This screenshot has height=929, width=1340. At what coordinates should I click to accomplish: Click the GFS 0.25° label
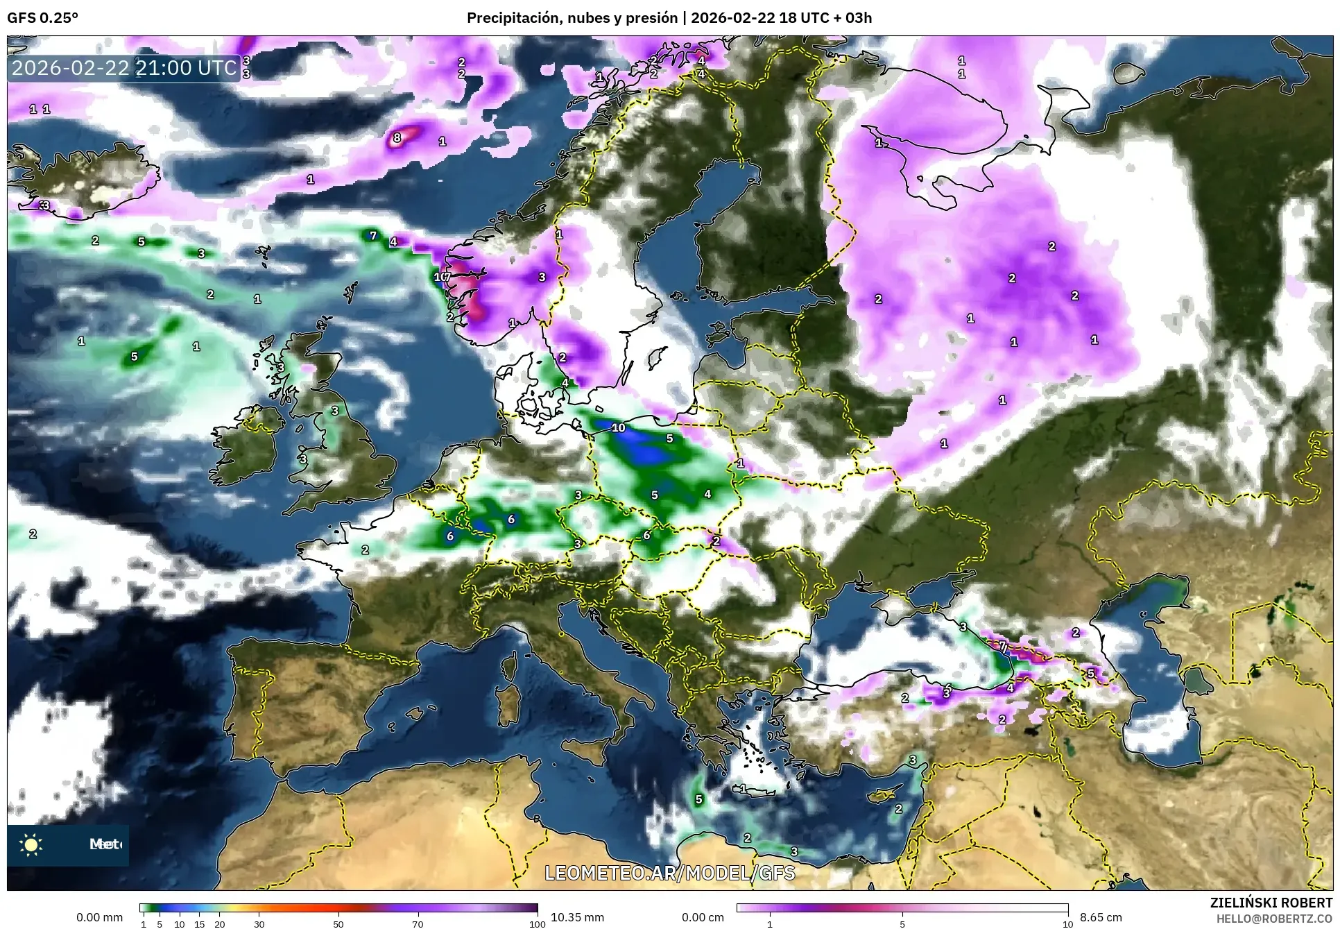tap(42, 18)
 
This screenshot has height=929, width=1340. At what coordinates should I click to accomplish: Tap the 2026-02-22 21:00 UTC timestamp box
tap(124, 68)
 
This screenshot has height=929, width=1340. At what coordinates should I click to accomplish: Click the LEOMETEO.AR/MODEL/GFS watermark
tap(669, 873)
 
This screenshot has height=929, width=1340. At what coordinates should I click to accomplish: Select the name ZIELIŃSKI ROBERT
tap(1271, 903)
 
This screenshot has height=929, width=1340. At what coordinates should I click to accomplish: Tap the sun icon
tap(31, 844)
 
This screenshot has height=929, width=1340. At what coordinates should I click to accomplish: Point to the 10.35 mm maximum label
tap(577, 917)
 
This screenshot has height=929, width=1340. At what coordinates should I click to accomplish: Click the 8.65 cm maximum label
tap(1101, 917)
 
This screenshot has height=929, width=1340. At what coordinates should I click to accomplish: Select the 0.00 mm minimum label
tap(99, 917)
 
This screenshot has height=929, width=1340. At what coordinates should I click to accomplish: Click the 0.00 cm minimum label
tap(703, 917)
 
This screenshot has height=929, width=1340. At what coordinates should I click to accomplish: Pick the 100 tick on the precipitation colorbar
tap(537, 924)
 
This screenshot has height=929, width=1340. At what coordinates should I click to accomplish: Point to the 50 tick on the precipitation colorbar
tap(338, 924)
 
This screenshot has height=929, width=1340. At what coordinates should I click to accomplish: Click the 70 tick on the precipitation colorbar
tap(418, 924)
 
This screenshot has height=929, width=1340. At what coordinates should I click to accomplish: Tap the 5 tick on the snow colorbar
tap(902, 924)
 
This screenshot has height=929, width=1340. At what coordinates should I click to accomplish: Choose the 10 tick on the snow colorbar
tap(1067, 924)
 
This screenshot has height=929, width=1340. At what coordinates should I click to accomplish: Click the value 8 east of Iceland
tap(397, 137)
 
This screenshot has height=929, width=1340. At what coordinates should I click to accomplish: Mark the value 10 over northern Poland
tap(619, 427)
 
